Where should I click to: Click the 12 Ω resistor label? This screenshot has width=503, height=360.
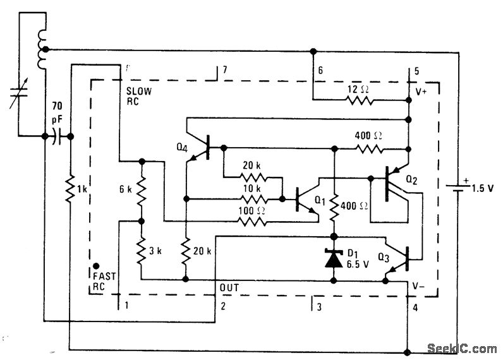[357, 90]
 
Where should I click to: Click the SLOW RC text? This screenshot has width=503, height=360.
[140, 95]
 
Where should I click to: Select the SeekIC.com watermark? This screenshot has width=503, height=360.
[462, 348]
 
